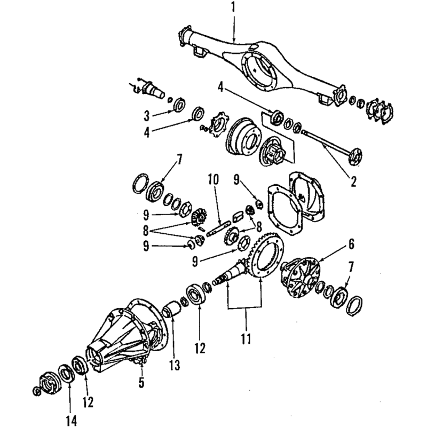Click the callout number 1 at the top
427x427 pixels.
[x=233, y=7]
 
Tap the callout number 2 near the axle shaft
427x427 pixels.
[x=353, y=181]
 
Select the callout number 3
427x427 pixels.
[x=147, y=116]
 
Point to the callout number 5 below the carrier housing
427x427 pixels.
[x=141, y=383]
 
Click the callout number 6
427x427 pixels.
[x=352, y=244]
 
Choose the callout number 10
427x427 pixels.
[x=213, y=179]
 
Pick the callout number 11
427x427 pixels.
[x=246, y=339]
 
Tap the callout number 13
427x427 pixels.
[x=175, y=366]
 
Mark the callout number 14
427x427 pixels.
[x=72, y=421]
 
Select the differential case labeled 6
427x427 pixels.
[x=301, y=277]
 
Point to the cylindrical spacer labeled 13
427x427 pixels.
[x=171, y=309]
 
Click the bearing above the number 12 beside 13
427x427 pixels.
[x=196, y=294]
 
